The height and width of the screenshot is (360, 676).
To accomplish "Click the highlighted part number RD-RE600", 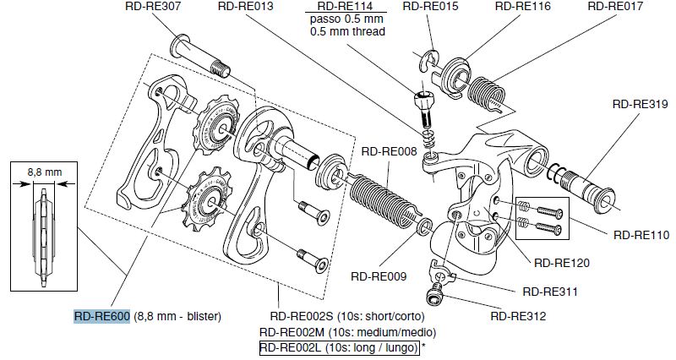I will (x=101, y=317).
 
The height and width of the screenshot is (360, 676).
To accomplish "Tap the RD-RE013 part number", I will (x=246, y=6).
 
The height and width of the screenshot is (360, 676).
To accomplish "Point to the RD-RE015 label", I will (x=430, y=6).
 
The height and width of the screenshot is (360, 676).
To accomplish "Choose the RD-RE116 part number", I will (x=522, y=6).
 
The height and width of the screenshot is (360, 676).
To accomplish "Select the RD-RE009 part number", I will (x=379, y=275).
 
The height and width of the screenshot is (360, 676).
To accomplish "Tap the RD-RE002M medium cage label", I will (x=348, y=332).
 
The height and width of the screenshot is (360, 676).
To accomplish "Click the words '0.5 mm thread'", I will (x=347, y=32).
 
